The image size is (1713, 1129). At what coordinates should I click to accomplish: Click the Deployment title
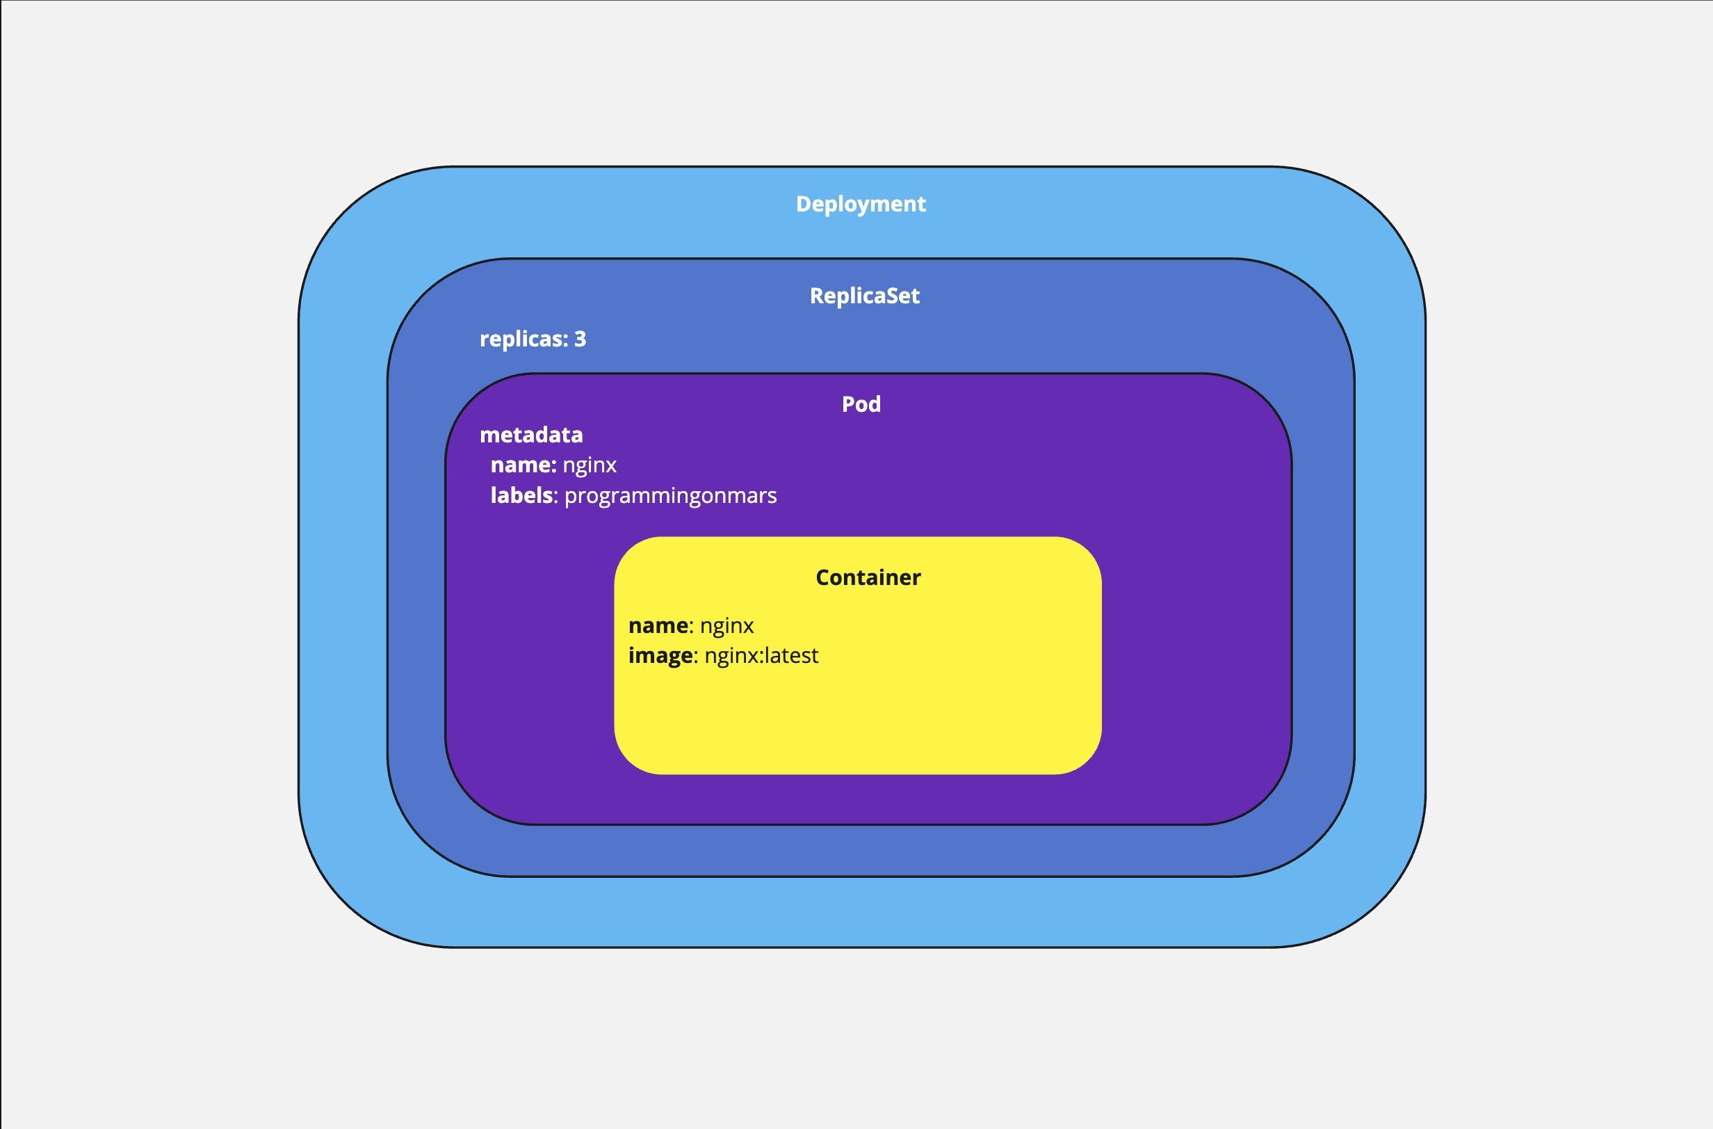point(860,205)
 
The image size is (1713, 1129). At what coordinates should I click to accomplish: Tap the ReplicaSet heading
point(864,296)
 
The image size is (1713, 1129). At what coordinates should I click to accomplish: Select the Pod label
point(861,404)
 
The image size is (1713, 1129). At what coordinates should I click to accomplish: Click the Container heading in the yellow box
point(868,577)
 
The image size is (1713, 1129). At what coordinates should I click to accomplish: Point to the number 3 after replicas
point(580,339)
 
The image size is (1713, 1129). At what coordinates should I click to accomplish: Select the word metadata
point(531,435)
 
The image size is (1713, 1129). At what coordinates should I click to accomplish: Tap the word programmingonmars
point(670,496)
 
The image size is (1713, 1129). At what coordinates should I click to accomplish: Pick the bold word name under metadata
point(522,465)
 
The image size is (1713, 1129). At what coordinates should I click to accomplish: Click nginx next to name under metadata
point(590,466)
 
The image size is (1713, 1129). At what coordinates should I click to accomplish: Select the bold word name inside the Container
point(658,625)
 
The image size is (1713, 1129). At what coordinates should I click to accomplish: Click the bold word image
point(660,656)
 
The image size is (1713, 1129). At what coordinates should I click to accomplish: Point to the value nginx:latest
point(761,656)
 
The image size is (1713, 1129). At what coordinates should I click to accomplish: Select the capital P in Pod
point(849,404)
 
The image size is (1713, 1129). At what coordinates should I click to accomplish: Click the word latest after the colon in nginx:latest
point(792,656)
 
